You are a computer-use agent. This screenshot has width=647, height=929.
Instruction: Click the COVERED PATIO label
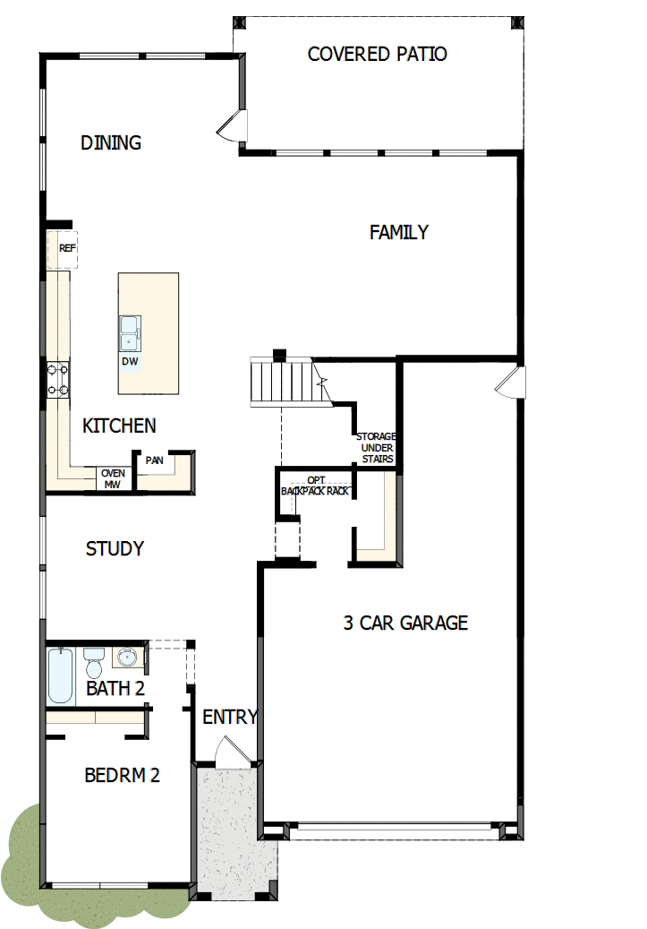click(x=377, y=54)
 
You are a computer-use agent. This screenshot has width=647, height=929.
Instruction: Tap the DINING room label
click(x=111, y=142)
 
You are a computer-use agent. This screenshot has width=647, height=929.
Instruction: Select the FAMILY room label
click(x=399, y=232)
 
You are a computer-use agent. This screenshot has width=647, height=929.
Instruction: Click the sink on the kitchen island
click(x=130, y=331)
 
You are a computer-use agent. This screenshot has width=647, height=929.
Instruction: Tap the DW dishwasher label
click(x=130, y=361)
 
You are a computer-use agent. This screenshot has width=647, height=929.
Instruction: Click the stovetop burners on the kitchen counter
click(x=58, y=378)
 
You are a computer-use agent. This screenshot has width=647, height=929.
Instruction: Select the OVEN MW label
click(x=113, y=478)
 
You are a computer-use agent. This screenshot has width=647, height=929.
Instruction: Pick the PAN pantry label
click(x=155, y=460)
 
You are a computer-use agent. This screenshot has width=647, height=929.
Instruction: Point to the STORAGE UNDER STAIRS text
click(x=376, y=448)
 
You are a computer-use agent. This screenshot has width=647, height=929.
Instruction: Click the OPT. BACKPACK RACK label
click(x=315, y=486)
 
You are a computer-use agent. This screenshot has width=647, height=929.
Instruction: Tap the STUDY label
click(x=115, y=548)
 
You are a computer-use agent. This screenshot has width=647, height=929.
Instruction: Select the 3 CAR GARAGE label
click(x=405, y=623)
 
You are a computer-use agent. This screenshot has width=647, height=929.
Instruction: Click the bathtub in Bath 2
click(x=62, y=675)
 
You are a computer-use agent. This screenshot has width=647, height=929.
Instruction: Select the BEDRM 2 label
click(x=122, y=775)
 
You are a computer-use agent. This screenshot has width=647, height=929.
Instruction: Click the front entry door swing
click(x=226, y=750)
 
